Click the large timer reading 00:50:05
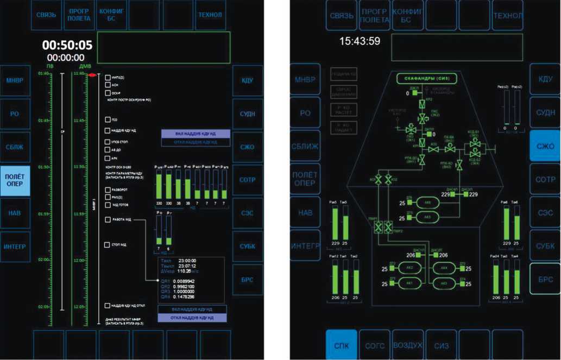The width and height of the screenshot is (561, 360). (67, 45)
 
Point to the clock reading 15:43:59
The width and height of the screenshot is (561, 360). (360, 41)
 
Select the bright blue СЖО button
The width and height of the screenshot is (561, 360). (545, 147)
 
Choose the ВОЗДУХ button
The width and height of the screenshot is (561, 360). (408, 344)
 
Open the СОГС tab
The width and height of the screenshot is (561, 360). (375, 344)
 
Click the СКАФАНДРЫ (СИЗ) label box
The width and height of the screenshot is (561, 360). (427, 79)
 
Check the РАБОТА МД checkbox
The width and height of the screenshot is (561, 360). (108, 220)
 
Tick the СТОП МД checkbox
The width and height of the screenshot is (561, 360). (108, 245)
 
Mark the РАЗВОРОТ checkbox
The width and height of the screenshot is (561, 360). (108, 190)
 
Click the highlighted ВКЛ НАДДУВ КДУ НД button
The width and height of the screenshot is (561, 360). (196, 133)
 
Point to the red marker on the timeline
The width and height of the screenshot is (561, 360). (93, 74)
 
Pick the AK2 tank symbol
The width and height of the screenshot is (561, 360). (406, 268)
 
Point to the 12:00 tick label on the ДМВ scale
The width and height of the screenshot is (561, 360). (79, 261)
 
